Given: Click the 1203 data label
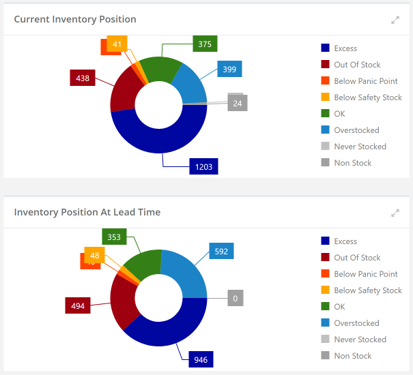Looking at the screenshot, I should click(x=203, y=166).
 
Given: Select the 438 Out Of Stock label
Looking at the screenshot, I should click(x=83, y=78).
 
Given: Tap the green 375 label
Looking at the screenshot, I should click(x=205, y=44).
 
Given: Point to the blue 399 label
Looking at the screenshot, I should click(x=229, y=69).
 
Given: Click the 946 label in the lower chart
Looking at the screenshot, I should click(x=201, y=359).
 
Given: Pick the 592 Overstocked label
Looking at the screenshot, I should click(x=221, y=251).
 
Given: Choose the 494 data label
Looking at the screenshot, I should click(x=78, y=305).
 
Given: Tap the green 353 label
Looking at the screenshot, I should click(x=115, y=237).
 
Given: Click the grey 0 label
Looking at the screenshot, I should click(x=235, y=298).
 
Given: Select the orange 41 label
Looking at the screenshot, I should click(x=117, y=44).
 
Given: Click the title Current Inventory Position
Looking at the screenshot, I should click(x=75, y=19).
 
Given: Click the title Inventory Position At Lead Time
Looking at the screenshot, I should click(x=87, y=212).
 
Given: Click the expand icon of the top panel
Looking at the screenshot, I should click(x=395, y=20).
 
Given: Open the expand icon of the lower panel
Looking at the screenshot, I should click(x=395, y=213).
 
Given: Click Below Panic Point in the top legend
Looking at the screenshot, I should click(x=365, y=81).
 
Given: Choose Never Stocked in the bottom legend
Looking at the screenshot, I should click(x=360, y=340).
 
